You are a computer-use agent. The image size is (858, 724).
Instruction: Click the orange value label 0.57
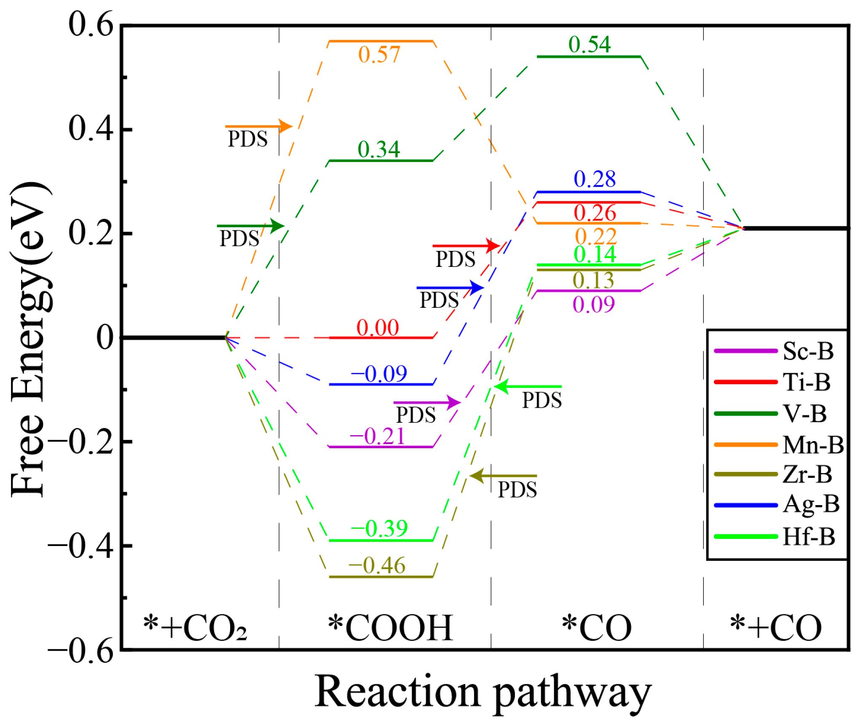[x=378, y=54]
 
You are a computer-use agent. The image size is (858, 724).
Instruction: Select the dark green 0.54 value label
[x=589, y=44]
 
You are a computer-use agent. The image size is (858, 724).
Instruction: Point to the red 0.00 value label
[x=377, y=328]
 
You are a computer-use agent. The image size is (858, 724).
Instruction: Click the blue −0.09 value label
[x=378, y=373]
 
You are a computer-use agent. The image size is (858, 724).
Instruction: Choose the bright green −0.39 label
[x=378, y=528]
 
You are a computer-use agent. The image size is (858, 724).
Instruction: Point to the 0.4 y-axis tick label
[x=91, y=128]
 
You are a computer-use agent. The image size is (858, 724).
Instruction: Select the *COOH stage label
[x=390, y=628]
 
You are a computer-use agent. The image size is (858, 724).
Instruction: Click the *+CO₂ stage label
[x=195, y=628]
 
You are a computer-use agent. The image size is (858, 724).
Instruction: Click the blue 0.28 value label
[x=594, y=179]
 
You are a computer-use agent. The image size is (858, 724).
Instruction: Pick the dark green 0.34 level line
[x=381, y=161]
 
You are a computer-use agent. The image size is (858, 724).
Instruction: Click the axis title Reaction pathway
[x=483, y=692]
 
